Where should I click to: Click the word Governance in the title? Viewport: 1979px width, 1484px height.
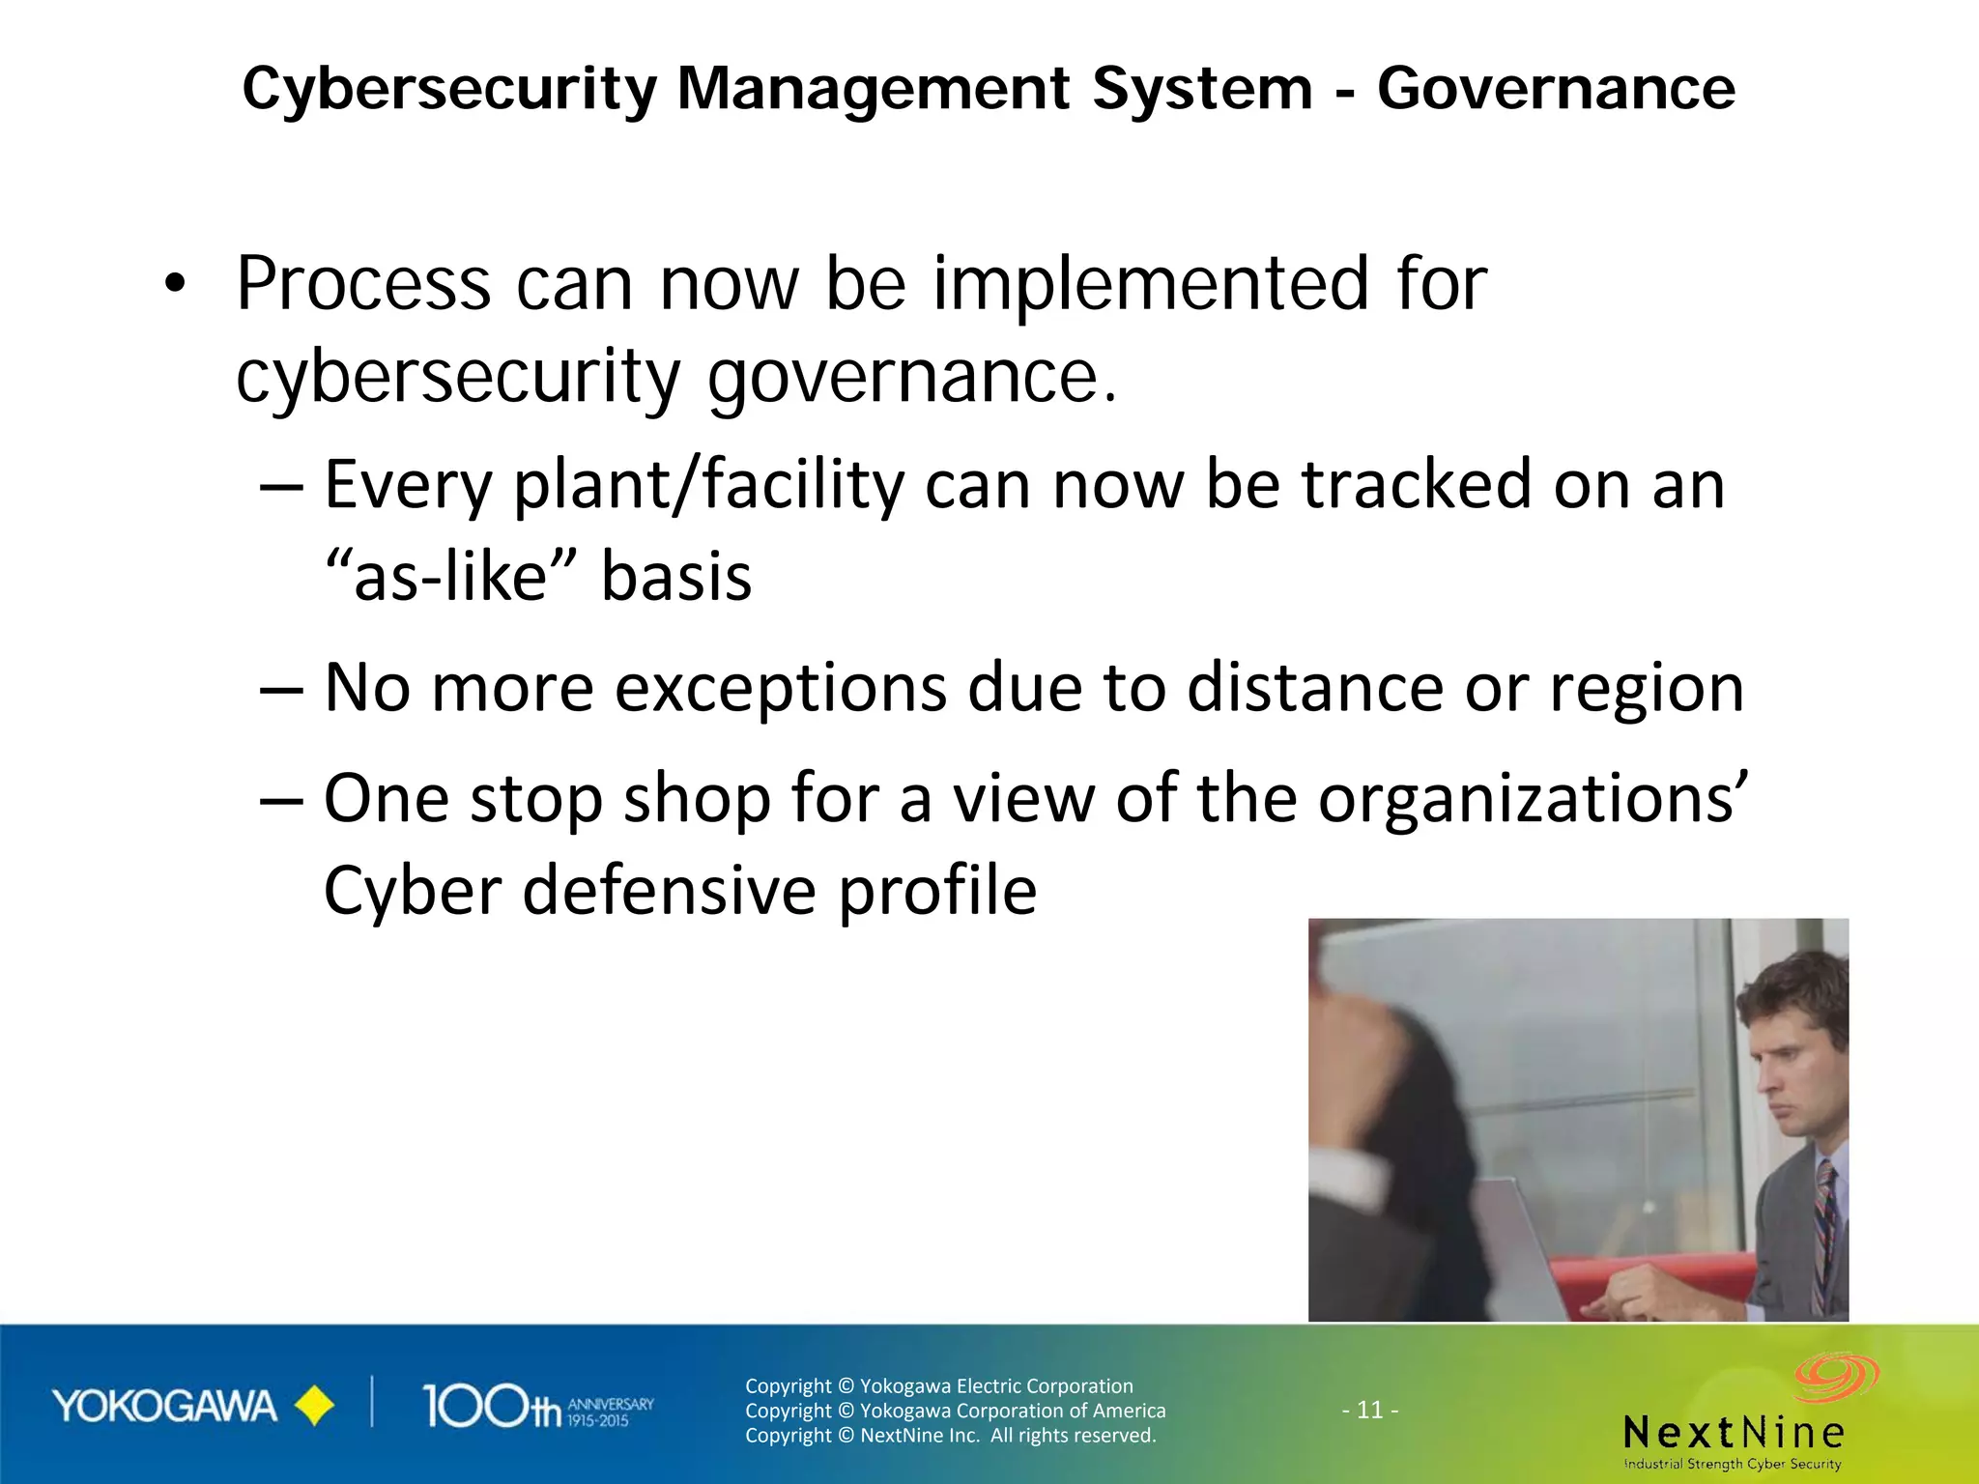1556,89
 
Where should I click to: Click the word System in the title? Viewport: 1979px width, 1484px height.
1202,89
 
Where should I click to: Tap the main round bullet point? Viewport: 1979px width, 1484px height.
174,284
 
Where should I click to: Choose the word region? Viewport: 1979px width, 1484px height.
1647,690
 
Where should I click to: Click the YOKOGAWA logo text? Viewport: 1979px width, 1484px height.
164,1407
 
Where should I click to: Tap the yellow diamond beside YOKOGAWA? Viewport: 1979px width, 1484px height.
314,1407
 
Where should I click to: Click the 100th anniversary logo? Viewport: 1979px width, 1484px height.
536,1407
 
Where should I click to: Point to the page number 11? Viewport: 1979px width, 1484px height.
1370,1410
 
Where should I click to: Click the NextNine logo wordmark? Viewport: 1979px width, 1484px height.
1734,1432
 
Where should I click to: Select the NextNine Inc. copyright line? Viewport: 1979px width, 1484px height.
950,1436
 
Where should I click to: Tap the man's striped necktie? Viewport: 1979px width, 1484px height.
1825,1232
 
